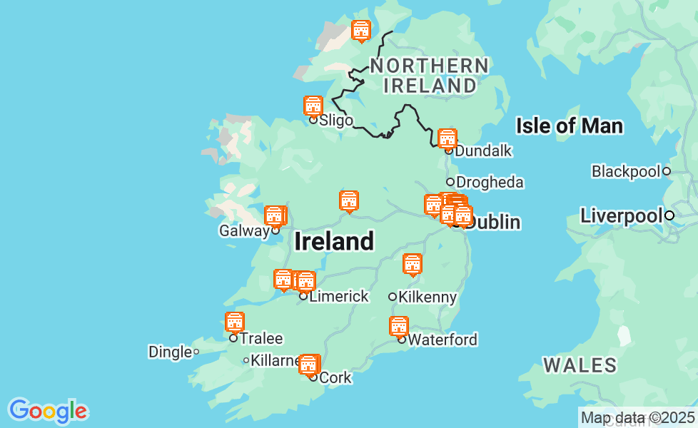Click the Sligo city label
coord(335,120)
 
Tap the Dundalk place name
coord(483,151)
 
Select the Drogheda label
coord(490,182)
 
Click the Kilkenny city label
coord(428,297)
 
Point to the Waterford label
coord(442,340)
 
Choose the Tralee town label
coord(261,339)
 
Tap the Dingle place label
coord(170,352)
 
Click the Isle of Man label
coord(569,127)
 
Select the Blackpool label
coord(626,171)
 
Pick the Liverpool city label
coord(621,215)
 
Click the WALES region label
coord(580,366)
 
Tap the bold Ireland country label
coord(334,242)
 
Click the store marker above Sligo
coord(313,106)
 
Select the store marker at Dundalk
coord(447,138)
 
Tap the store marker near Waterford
coord(399,326)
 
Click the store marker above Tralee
coord(235,322)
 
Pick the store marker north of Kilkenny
coord(413,264)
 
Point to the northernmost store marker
coord(361,31)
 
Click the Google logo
coord(48,411)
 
